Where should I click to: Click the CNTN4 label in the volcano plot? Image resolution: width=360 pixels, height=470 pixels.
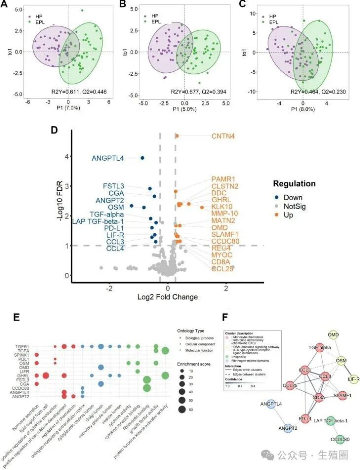pos(225,136)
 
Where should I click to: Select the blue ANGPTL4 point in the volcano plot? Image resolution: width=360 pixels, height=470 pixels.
pos(142,158)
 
